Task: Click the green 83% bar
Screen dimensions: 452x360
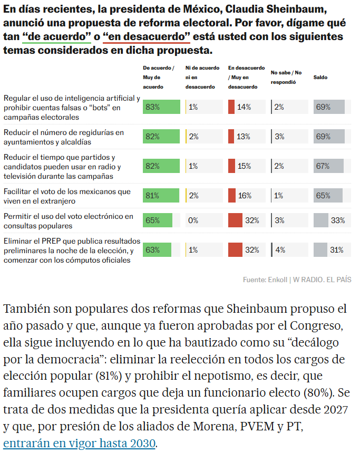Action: (161, 107)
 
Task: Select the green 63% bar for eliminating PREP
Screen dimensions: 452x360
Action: (157, 250)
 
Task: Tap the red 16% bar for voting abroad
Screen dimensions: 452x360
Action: (232, 196)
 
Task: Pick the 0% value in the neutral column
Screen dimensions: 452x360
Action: (193, 220)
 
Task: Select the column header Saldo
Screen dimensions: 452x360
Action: (320, 77)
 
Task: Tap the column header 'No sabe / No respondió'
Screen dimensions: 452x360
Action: (286, 77)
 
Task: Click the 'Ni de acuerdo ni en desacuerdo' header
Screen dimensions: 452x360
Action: (202, 77)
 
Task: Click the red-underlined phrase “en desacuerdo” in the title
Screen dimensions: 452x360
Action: (147, 37)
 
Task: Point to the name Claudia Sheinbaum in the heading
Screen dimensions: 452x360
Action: (287, 11)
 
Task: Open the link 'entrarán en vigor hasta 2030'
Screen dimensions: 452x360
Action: (80, 443)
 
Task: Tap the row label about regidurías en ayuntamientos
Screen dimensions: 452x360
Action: (64, 137)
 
